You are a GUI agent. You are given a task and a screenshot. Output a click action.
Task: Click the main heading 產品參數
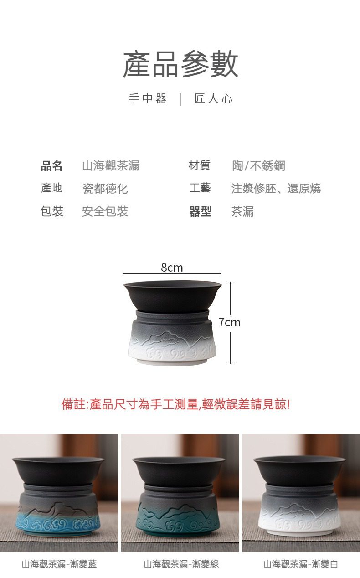coord(180,64)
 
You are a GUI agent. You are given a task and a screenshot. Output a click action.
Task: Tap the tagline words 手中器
coord(148,98)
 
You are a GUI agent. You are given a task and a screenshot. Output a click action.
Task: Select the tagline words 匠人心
coord(213,98)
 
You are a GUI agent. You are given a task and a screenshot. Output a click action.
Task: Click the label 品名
coord(51,165)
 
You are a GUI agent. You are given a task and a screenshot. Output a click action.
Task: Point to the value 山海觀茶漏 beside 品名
coord(111,165)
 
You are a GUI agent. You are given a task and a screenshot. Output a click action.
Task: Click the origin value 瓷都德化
coord(105,189)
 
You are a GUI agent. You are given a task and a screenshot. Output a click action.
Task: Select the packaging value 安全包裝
coord(105,212)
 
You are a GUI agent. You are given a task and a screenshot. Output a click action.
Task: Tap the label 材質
coord(200,165)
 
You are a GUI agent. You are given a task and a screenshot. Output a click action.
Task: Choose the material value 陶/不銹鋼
coord(259,165)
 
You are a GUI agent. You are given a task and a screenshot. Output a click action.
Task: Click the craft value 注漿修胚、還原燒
coord(276,188)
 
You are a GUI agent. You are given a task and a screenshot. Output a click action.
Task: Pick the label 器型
coord(201,212)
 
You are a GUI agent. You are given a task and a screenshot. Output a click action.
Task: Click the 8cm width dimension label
coord(172,268)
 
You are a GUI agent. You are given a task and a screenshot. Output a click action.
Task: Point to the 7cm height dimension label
coord(230,322)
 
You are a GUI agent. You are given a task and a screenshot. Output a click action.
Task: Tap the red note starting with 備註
coord(176,404)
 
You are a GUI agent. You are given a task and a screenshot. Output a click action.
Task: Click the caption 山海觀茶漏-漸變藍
coord(59,564)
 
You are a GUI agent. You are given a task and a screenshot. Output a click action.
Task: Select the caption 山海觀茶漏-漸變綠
coord(181,564)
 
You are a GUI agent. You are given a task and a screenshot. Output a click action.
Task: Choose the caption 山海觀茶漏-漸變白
coord(301,564)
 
